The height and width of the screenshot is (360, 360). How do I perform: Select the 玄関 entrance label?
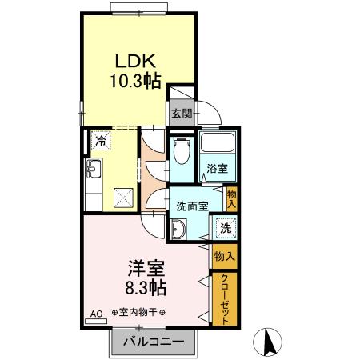[x=182, y=114]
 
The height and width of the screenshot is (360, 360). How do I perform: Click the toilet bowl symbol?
[x=181, y=150]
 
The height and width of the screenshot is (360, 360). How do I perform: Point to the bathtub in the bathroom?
[x=217, y=144]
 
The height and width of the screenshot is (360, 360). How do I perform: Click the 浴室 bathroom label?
[x=218, y=169]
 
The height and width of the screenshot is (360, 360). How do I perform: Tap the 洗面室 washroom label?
[x=192, y=205]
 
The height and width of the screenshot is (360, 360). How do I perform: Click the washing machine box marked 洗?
[x=226, y=228]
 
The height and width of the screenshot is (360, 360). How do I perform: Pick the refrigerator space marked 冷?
[x=101, y=140]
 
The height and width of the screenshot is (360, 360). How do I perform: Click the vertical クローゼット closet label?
[x=225, y=298]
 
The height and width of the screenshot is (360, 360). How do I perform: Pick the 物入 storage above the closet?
[x=225, y=257]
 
